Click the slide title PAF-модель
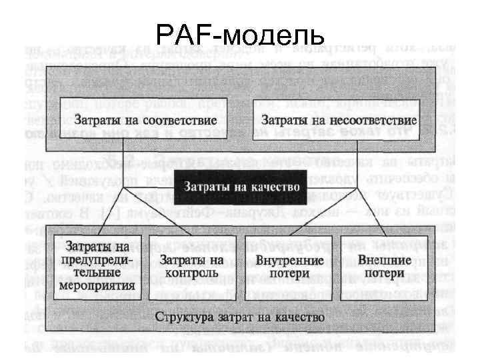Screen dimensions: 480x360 239,33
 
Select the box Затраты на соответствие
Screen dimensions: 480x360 145,121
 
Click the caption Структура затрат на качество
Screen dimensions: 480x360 240,315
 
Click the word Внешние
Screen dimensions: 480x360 381,259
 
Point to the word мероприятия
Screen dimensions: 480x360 98,285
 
